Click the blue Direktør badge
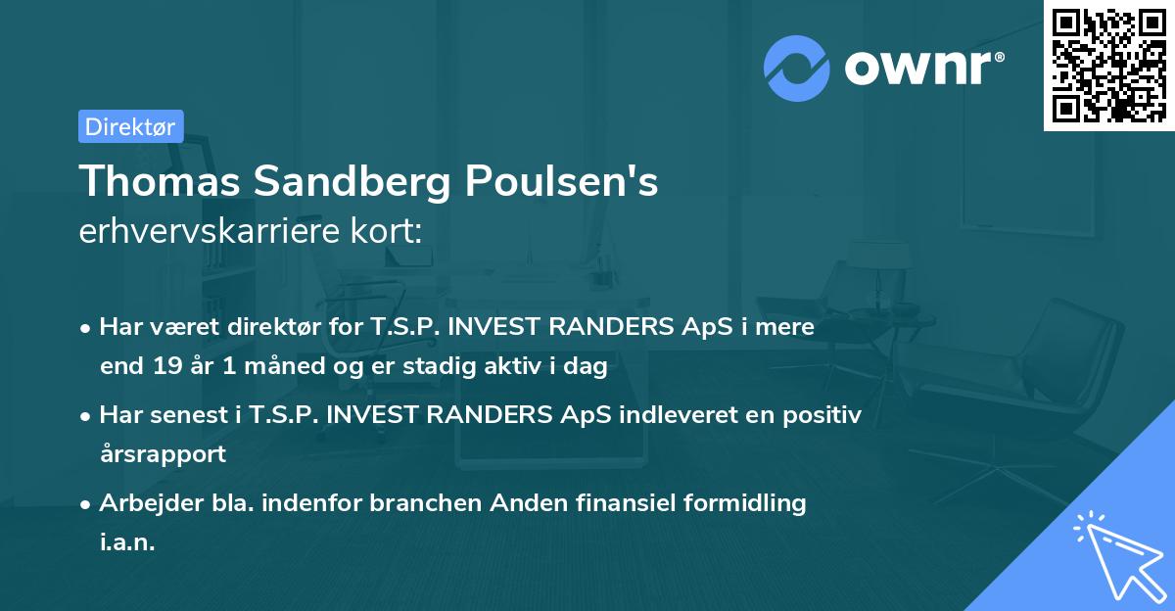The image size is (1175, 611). (130, 126)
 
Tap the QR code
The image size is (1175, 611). (1108, 65)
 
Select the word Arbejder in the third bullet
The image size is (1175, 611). (143, 503)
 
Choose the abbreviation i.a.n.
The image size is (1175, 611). (127, 542)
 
